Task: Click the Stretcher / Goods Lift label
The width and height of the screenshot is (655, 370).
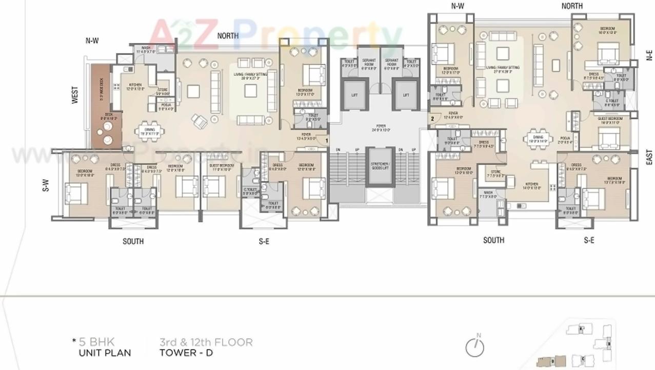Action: click(x=380, y=166)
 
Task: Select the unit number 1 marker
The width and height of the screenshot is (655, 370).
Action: click(x=326, y=140)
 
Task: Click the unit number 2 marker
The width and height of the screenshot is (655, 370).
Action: click(x=432, y=119)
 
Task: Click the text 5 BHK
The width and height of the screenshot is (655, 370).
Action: click(x=97, y=342)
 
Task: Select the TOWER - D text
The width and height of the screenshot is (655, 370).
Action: click(x=186, y=353)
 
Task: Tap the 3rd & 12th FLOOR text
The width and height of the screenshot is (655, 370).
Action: click(x=206, y=342)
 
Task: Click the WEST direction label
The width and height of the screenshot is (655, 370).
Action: click(x=75, y=95)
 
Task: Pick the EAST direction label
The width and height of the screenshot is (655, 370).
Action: click(x=649, y=157)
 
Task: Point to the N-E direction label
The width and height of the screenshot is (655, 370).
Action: click(x=649, y=55)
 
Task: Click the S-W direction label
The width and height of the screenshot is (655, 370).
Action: click(x=45, y=185)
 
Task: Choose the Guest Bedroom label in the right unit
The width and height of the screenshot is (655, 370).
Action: click(x=609, y=121)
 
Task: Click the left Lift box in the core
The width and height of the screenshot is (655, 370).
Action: click(x=354, y=94)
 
